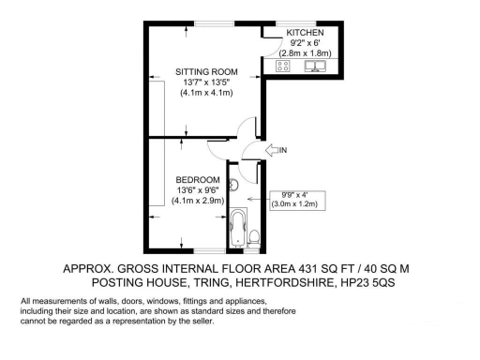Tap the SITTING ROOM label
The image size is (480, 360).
click(205, 71)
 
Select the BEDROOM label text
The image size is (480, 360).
click(198, 179)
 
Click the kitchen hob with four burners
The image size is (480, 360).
click(281, 67)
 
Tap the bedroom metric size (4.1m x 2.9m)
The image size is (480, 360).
click(198, 201)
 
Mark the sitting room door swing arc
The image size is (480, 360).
click(246, 128)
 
